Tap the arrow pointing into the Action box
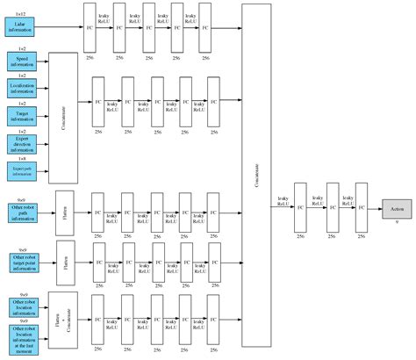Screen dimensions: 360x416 374,209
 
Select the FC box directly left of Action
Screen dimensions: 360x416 361,209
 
